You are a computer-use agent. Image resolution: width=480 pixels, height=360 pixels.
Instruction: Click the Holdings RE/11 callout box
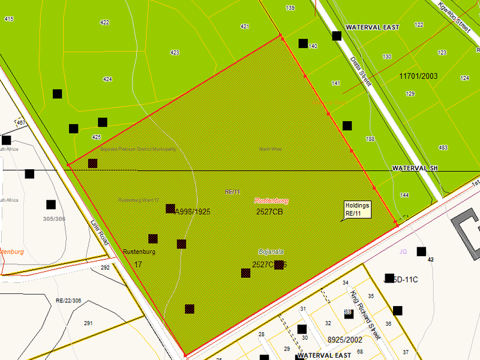click(358, 209)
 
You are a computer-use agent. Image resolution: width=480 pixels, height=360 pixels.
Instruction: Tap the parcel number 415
click(8, 19)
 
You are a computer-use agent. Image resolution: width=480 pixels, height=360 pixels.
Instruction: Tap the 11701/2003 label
click(418, 76)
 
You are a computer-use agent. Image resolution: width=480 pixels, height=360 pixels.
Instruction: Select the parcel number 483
click(443, 148)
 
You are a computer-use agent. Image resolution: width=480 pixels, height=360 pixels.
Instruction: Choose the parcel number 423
click(175, 53)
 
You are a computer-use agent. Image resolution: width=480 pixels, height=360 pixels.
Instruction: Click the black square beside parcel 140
click(303, 43)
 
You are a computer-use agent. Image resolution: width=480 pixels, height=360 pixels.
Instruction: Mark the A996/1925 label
click(192, 212)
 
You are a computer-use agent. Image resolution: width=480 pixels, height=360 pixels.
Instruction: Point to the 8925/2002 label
click(345, 340)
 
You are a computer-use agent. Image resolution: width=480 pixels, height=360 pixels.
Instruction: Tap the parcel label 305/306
click(54, 219)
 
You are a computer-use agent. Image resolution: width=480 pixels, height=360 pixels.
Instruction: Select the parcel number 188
click(370, 139)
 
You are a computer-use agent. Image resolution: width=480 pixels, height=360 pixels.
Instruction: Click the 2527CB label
click(269, 212)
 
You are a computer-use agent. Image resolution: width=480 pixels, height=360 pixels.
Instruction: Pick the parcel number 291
click(88, 323)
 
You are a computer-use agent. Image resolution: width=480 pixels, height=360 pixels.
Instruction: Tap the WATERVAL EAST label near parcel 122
click(373, 28)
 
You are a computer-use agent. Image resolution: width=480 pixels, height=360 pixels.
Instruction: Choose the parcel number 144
click(404, 196)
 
